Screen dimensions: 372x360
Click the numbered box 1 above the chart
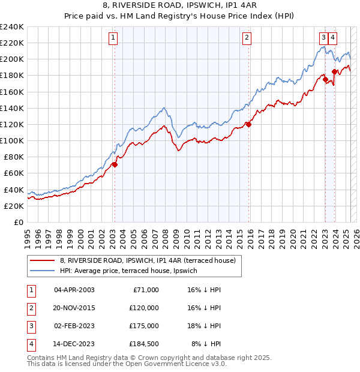113,38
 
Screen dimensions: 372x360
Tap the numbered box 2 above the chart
247,38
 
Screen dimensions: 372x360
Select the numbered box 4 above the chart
332,38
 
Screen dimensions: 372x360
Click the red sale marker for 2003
115,164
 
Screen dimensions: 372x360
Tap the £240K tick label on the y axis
12,27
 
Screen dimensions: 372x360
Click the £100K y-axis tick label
12,140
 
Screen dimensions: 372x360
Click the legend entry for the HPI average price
128,271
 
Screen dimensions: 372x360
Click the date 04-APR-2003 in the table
74,290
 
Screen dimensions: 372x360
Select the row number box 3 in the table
30,326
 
